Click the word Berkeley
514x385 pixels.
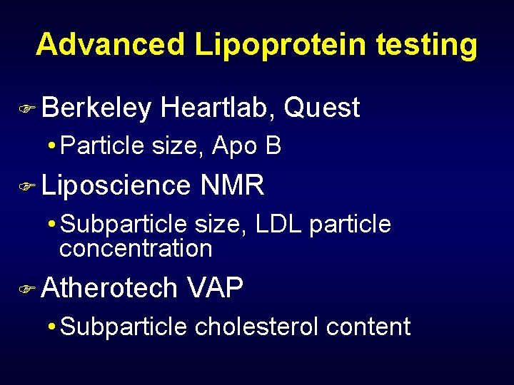click(x=96, y=108)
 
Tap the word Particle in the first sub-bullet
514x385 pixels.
click(x=103, y=146)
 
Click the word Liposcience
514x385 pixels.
click(x=116, y=186)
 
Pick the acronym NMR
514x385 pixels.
click(x=233, y=186)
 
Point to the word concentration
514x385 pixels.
click(x=136, y=248)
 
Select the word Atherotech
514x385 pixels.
click(x=109, y=288)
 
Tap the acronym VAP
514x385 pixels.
click(x=215, y=288)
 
